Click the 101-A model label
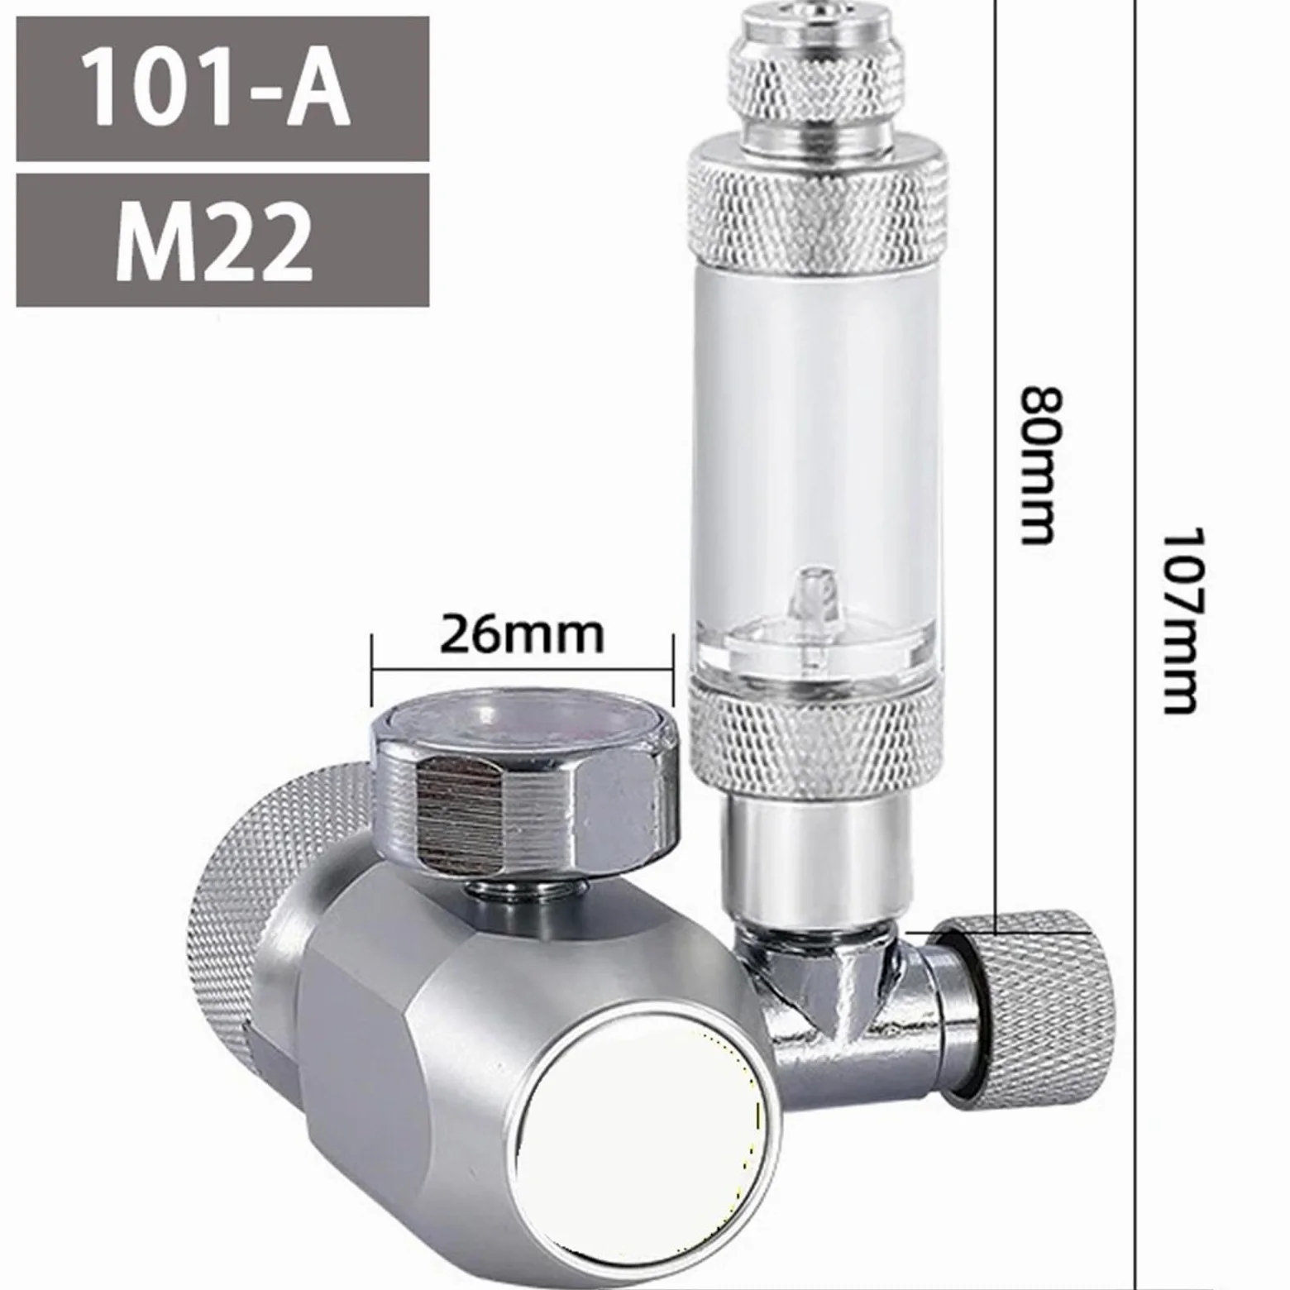217,88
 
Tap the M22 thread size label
215,241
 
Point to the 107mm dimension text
1179,620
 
